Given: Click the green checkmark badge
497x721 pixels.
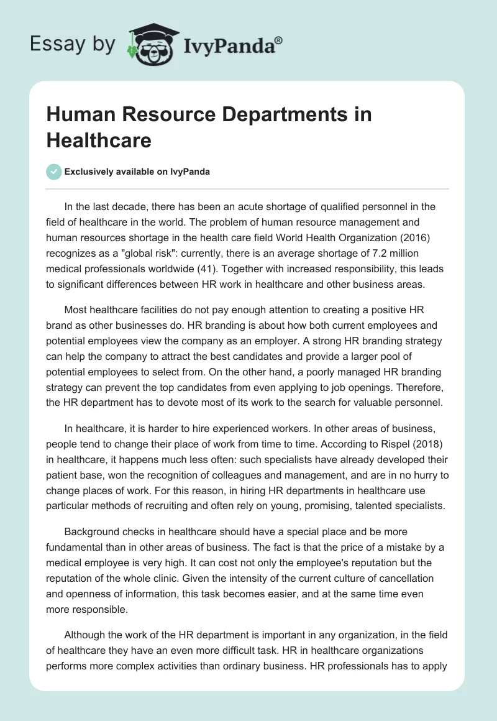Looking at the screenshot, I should coord(54,172).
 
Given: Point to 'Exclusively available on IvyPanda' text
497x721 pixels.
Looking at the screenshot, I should coord(137,172).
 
